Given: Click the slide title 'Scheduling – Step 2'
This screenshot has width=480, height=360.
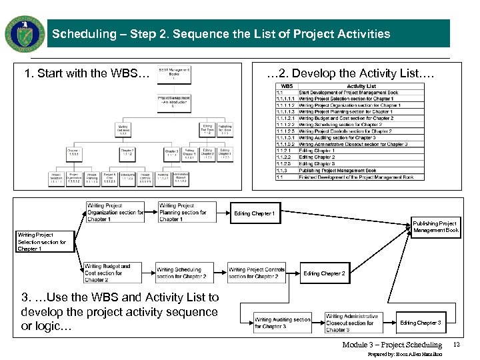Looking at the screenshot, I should pyautogui.click(x=221, y=34).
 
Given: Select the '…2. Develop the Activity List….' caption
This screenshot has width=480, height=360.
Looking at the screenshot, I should pyautogui.click(x=350, y=73).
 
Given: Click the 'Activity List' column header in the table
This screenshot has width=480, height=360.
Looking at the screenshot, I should pyautogui.click(x=361, y=86).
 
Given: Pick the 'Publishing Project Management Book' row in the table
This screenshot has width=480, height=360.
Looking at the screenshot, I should pyautogui.click(x=347, y=171).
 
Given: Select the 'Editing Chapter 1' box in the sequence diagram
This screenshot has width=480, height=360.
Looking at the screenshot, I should pyautogui.click(x=254, y=214).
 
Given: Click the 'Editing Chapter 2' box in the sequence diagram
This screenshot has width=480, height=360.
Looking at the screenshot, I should pyautogui.click(x=324, y=273).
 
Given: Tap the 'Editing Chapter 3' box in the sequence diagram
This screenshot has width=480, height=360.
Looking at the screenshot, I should pyautogui.click(x=420, y=323).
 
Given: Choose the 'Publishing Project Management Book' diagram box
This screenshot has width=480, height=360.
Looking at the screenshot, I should pyautogui.click(x=435, y=227).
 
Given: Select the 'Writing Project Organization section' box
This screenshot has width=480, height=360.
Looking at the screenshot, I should pyautogui.click(x=115, y=213).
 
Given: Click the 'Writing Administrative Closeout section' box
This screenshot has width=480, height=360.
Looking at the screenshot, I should pyautogui.click(x=353, y=323).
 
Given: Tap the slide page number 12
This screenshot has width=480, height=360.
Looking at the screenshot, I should pyautogui.click(x=457, y=345).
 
